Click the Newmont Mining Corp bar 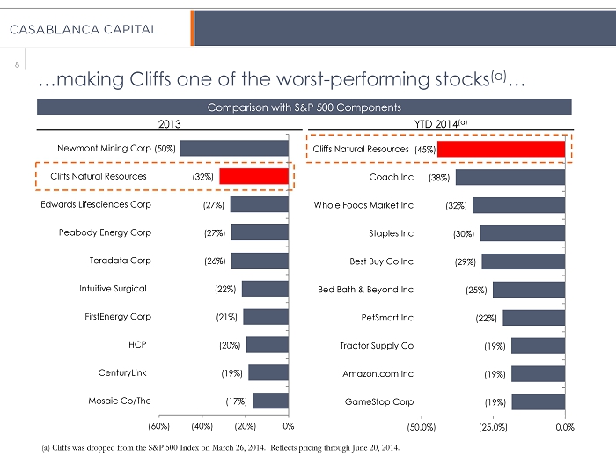[234, 148]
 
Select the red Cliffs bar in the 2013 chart [253, 176]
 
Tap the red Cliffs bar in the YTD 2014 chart [502, 149]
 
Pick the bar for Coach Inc [510, 177]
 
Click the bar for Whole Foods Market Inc [519, 205]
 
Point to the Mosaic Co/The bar [271, 401]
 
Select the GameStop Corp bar [539, 402]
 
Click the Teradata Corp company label [121, 261]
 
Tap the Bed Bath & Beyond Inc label [365, 290]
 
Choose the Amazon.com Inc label [378, 373]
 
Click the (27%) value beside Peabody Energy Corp [215, 233]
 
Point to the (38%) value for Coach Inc [439, 178]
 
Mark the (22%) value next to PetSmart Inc [486, 318]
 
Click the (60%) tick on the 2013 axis [158, 426]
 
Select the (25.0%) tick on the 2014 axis [493, 427]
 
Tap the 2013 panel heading [170, 124]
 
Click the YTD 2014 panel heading [441, 124]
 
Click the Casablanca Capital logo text [84, 29]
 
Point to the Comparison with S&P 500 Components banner [304, 107]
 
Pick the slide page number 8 [17, 64]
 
